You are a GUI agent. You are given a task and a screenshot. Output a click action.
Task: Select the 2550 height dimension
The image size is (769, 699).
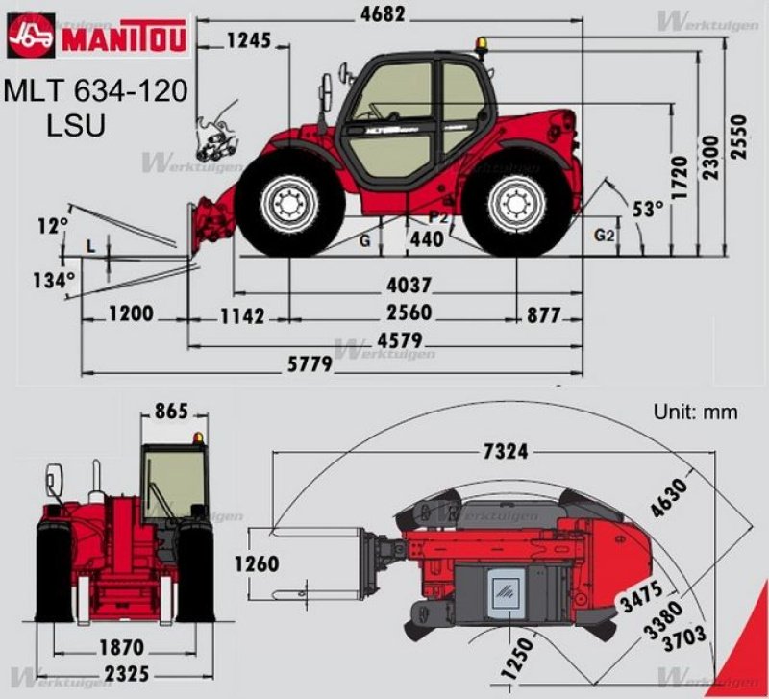click(738, 139)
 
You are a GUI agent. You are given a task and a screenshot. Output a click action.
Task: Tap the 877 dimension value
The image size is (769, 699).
click(543, 314)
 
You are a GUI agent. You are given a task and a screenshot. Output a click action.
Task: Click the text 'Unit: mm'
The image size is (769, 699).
click(696, 412)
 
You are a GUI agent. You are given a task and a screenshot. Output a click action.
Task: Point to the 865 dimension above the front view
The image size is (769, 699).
click(171, 412)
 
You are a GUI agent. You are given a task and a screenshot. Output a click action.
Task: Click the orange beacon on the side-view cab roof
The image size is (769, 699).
click(480, 43)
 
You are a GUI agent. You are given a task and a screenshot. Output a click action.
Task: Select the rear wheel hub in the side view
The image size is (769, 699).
click(516, 204)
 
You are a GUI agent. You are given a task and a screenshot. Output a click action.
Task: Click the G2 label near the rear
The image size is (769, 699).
click(605, 234)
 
